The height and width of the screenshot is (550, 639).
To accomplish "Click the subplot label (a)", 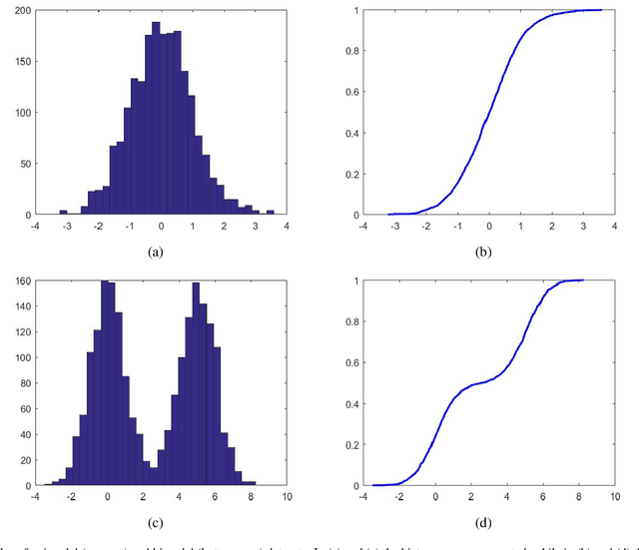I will point(155,252).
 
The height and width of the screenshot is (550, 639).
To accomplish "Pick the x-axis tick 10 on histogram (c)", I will point(285,496).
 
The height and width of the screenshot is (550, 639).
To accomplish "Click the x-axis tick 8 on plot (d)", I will point(579,496).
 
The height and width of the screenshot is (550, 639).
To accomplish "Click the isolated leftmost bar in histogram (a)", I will point(64,212).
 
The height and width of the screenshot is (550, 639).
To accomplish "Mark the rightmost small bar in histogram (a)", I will point(270,212).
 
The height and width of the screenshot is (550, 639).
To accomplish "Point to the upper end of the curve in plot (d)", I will point(581,280).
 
